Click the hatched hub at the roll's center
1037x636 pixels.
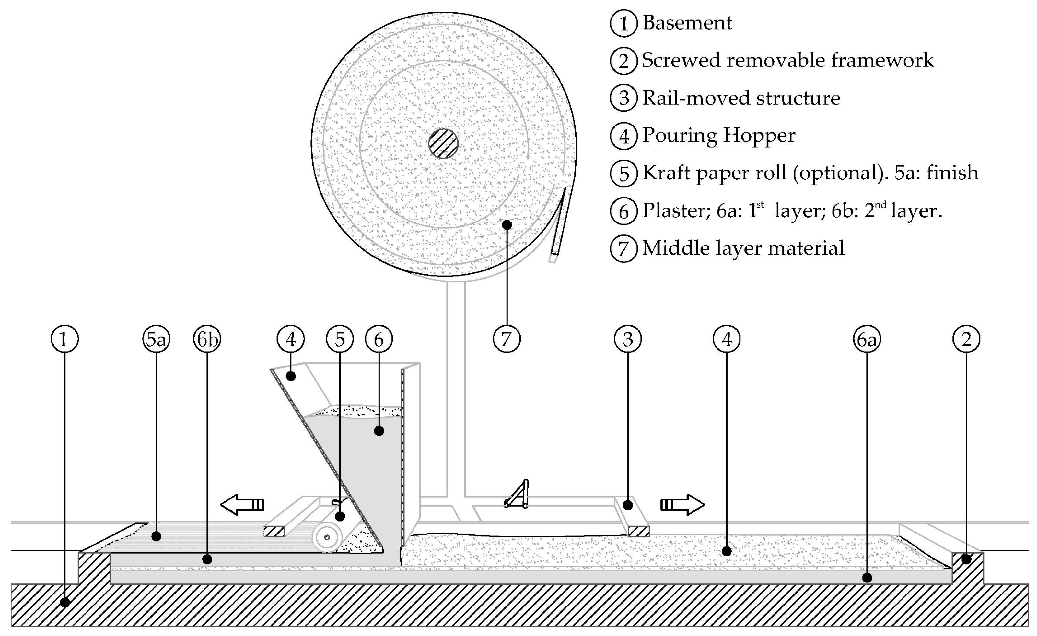tap(443, 143)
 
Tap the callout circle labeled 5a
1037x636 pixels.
tap(156, 339)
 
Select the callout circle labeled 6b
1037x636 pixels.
tap(207, 339)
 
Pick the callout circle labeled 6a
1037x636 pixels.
tap(867, 339)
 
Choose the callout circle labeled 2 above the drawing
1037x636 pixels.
tap(966, 339)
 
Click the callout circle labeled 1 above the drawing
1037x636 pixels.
tap(64, 339)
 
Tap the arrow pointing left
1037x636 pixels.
tap(242, 505)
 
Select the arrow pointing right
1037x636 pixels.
tap(682, 505)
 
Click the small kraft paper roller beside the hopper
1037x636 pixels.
tap(327, 537)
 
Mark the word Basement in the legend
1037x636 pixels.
tap(687, 23)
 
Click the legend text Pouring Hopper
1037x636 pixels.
tap(718, 135)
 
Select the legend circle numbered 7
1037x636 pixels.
tap(624, 248)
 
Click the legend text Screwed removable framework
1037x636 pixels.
tap(787, 60)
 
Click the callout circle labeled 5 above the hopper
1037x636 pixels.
tap(340, 339)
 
